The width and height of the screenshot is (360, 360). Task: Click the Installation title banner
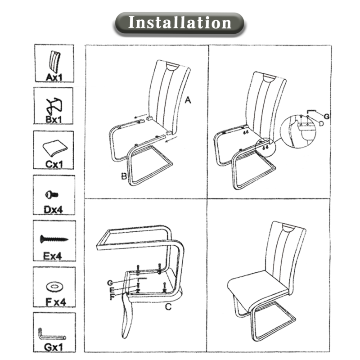pyautogui.click(x=179, y=24)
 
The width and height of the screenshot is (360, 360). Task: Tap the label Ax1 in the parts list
pyautogui.click(x=54, y=77)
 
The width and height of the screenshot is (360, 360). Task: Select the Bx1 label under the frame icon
pyautogui.click(x=54, y=119)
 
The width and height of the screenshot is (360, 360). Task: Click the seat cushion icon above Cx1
pyautogui.click(x=55, y=148)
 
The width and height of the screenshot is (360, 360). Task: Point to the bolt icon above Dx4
pyautogui.click(x=51, y=195)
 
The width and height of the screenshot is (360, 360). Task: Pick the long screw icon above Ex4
pyautogui.click(x=54, y=239)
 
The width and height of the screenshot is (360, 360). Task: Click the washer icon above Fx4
pyautogui.click(x=54, y=286)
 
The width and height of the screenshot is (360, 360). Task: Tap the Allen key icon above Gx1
pyautogui.click(x=52, y=335)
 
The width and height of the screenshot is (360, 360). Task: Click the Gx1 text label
pyautogui.click(x=53, y=347)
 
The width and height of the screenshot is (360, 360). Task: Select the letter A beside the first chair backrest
pyautogui.click(x=188, y=100)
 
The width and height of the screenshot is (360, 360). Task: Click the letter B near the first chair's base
pyautogui.click(x=124, y=176)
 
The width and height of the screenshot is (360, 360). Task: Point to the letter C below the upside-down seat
pyautogui.click(x=168, y=307)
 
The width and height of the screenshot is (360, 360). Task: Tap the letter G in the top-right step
pyautogui.click(x=327, y=117)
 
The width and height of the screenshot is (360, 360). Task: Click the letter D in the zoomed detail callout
pyautogui.click(x=321, y=123)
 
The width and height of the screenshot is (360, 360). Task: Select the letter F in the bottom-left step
pyautogui.click(x=112, y=297)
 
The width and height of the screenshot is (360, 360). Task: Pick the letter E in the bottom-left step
pyautogui.click(x=112, y=290)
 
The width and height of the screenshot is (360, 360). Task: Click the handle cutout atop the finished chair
pyautogui.click(x=289, y=228)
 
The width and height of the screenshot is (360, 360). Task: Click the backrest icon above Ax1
pyautogui.click(x=54, y=62)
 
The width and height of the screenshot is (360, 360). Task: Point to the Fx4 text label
pyautogui.click(x=55, y=301)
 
